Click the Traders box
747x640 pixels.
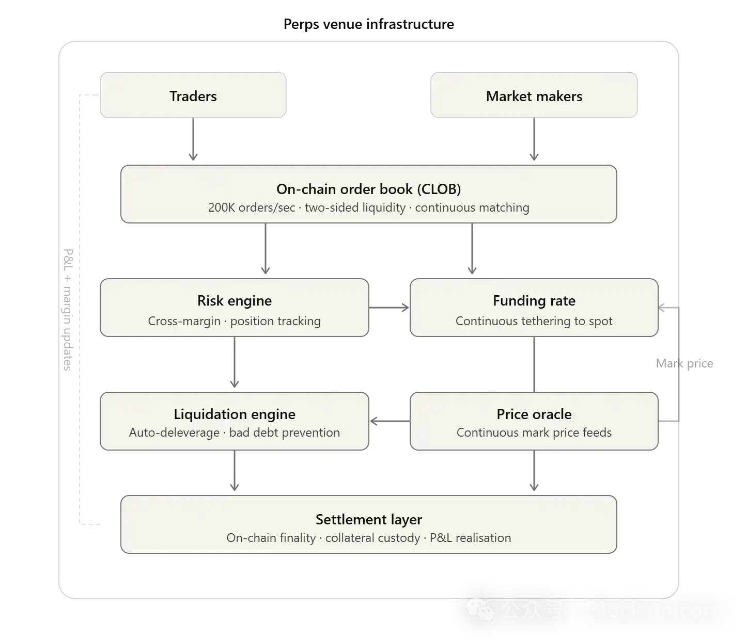pos(193,95)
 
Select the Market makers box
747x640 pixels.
pos(534,95)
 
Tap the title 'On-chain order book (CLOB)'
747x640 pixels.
pos(368,189)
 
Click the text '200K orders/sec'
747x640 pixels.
pos(252,207)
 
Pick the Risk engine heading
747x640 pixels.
pos(234,300)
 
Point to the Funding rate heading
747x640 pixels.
pos(534,300)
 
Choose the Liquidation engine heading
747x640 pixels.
pos(234,414)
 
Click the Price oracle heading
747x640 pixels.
pos(534,414)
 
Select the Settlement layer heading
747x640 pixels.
pos(368,519)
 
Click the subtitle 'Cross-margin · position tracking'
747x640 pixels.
pos(234,321)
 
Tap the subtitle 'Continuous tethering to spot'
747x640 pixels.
pos(534,321)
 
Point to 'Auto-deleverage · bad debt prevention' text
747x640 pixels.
pos(234,433)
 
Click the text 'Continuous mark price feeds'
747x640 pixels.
pos(534,433)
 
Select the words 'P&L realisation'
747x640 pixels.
pos(470,538)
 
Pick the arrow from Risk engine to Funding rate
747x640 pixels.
pos(389,308)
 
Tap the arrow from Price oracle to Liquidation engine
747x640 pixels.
pos(389,421)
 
